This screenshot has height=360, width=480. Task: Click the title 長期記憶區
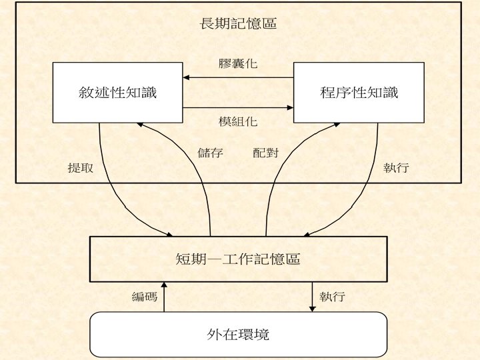pyautogui.click(x=239, y=24)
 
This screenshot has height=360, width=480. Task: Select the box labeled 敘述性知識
pyautogui.click(x=117, y=93)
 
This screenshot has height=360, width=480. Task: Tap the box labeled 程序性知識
pyautogui.click(x=359, y=93)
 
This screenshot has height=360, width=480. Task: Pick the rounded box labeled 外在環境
pyautogui.click(x=238, y=334)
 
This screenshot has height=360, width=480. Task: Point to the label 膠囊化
pyautogui.click(x=238, y=64)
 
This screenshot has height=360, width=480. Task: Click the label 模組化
pyautogui.click(x=238, y=122)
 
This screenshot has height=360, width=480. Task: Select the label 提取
pyautogui.click(x=80, y=168)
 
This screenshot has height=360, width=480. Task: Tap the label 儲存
pyautogui.click(x=211, y=153)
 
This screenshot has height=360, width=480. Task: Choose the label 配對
pyautogui.click(x=265, y=153)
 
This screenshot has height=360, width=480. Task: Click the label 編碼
pyautogui.click(x=145, y=297)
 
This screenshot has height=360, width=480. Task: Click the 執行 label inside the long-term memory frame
pyautogui.click(x=396, y=168)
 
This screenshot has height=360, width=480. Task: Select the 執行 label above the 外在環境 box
pyautogui.click(x=332, y=297)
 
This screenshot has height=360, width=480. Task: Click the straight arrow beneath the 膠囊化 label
pyautogui.click(x=238, y=78)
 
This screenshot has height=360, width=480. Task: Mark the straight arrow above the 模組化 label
pyautogui.click(x=238, y=107)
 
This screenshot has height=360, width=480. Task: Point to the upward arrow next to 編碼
pyautogui.click(x=164, y=297)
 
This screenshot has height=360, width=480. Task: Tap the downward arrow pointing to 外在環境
pyautogui.click(x=313, y=297)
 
